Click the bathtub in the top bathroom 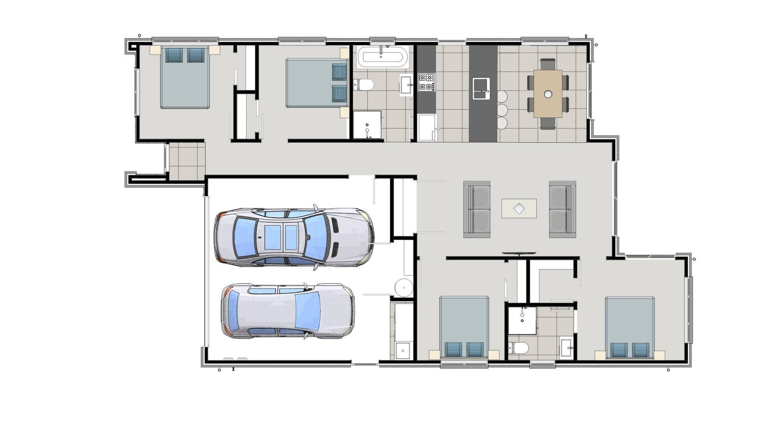382,56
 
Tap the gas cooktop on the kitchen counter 426,82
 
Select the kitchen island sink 481,88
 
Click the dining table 548,94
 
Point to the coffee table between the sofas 519,208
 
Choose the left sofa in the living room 477,209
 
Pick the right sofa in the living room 562,209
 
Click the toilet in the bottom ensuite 518,348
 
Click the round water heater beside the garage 404,288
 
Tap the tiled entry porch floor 187,161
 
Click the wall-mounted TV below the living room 519,253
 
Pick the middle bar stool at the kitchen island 502,110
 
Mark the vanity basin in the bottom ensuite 566,347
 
